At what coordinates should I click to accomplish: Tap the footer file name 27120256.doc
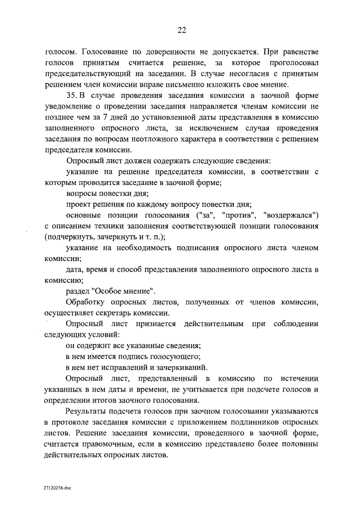(x=56, y=489)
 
